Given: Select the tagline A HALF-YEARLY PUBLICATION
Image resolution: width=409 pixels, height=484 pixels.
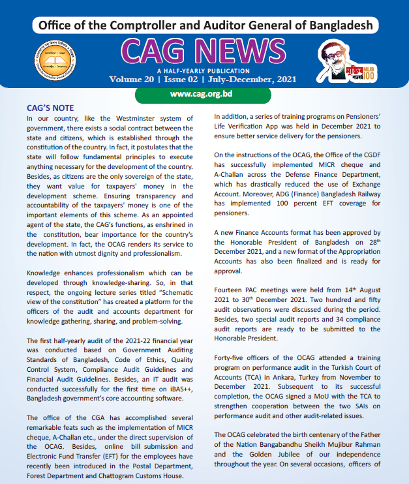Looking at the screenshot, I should click(x=204, y=70).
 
